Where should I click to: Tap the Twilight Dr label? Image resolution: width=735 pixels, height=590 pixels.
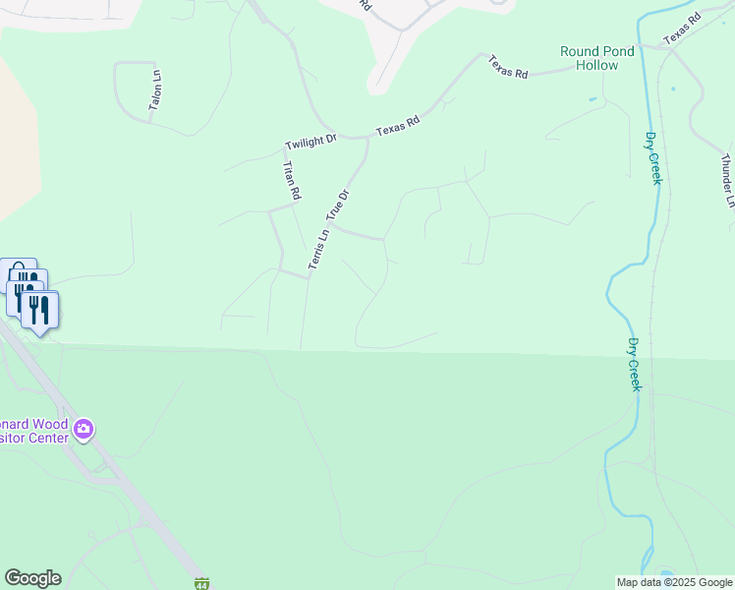coord(311,143)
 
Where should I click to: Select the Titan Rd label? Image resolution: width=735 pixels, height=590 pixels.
coord(290,182)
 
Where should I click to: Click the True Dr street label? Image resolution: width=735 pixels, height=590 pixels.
coord(337,205)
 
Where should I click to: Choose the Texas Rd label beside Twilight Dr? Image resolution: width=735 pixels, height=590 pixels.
coord(397,126)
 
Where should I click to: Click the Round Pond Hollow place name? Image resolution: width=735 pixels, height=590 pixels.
coord(590,58)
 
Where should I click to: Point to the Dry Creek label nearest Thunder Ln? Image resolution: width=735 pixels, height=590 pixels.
coord(653,157)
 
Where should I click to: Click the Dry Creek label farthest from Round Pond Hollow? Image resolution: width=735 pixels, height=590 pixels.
coord(634,365)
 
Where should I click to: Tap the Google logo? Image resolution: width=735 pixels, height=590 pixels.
coord(32,578)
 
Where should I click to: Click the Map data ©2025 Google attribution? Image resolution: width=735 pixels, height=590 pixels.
coord(674,582)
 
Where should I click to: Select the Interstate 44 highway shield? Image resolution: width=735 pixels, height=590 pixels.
coord(201,583)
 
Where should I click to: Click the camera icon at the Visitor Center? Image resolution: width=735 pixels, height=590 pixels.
coord(84,428)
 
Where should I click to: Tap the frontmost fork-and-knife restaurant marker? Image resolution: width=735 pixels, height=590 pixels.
coord(39,310)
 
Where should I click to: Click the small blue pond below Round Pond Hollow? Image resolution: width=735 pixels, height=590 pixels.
coord(592,99)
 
